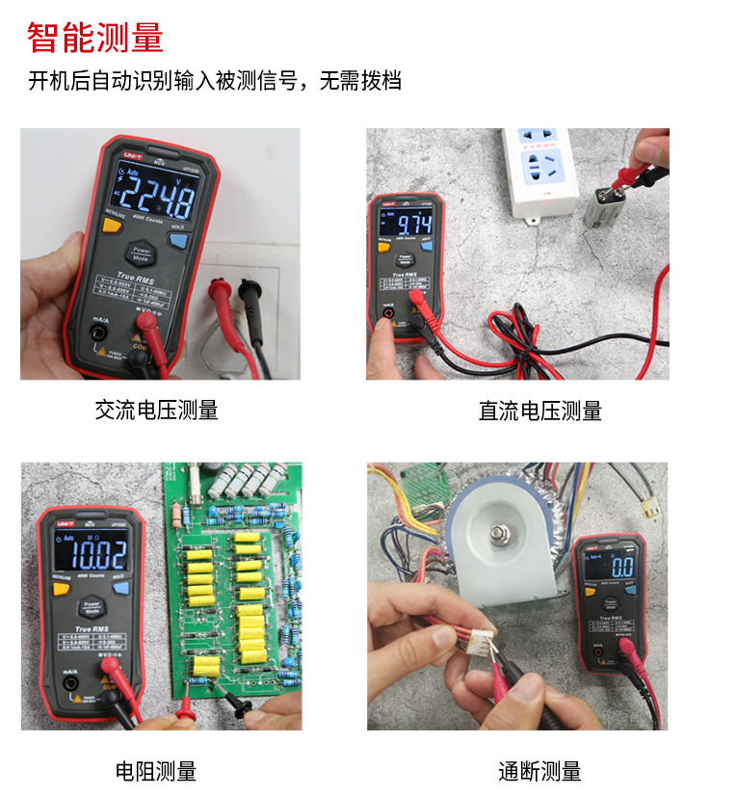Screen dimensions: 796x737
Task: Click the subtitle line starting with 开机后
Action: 214,81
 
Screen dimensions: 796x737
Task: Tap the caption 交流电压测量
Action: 156,410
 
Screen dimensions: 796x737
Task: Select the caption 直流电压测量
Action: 540,411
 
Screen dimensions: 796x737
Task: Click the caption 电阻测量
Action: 156,771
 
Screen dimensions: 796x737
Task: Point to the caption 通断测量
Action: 540,771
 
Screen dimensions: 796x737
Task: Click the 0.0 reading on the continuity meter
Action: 620,567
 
